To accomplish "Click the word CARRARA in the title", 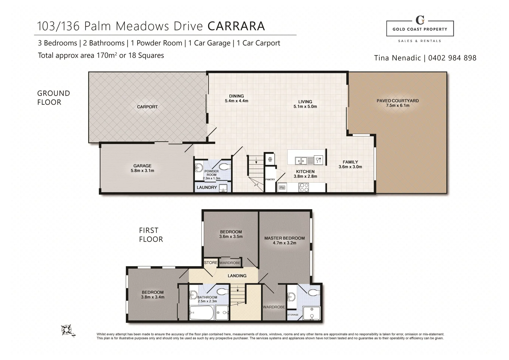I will (236, 26).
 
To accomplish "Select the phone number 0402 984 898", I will (452, 58).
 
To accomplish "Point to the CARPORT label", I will (147, 107).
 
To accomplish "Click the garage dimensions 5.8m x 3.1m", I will (142, 171).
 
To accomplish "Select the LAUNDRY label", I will (207, 188).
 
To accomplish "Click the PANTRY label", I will (270, 180).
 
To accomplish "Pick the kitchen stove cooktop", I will (304, 188).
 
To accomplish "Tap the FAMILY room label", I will (350, 162).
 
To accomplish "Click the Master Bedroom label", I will (284, 238).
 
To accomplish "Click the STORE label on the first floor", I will (211, 263).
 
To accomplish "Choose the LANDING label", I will (237, 276).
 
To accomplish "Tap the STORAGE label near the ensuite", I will (293, 315).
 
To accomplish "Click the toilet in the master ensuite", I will (313, 292).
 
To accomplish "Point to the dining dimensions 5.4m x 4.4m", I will (236, 101).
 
